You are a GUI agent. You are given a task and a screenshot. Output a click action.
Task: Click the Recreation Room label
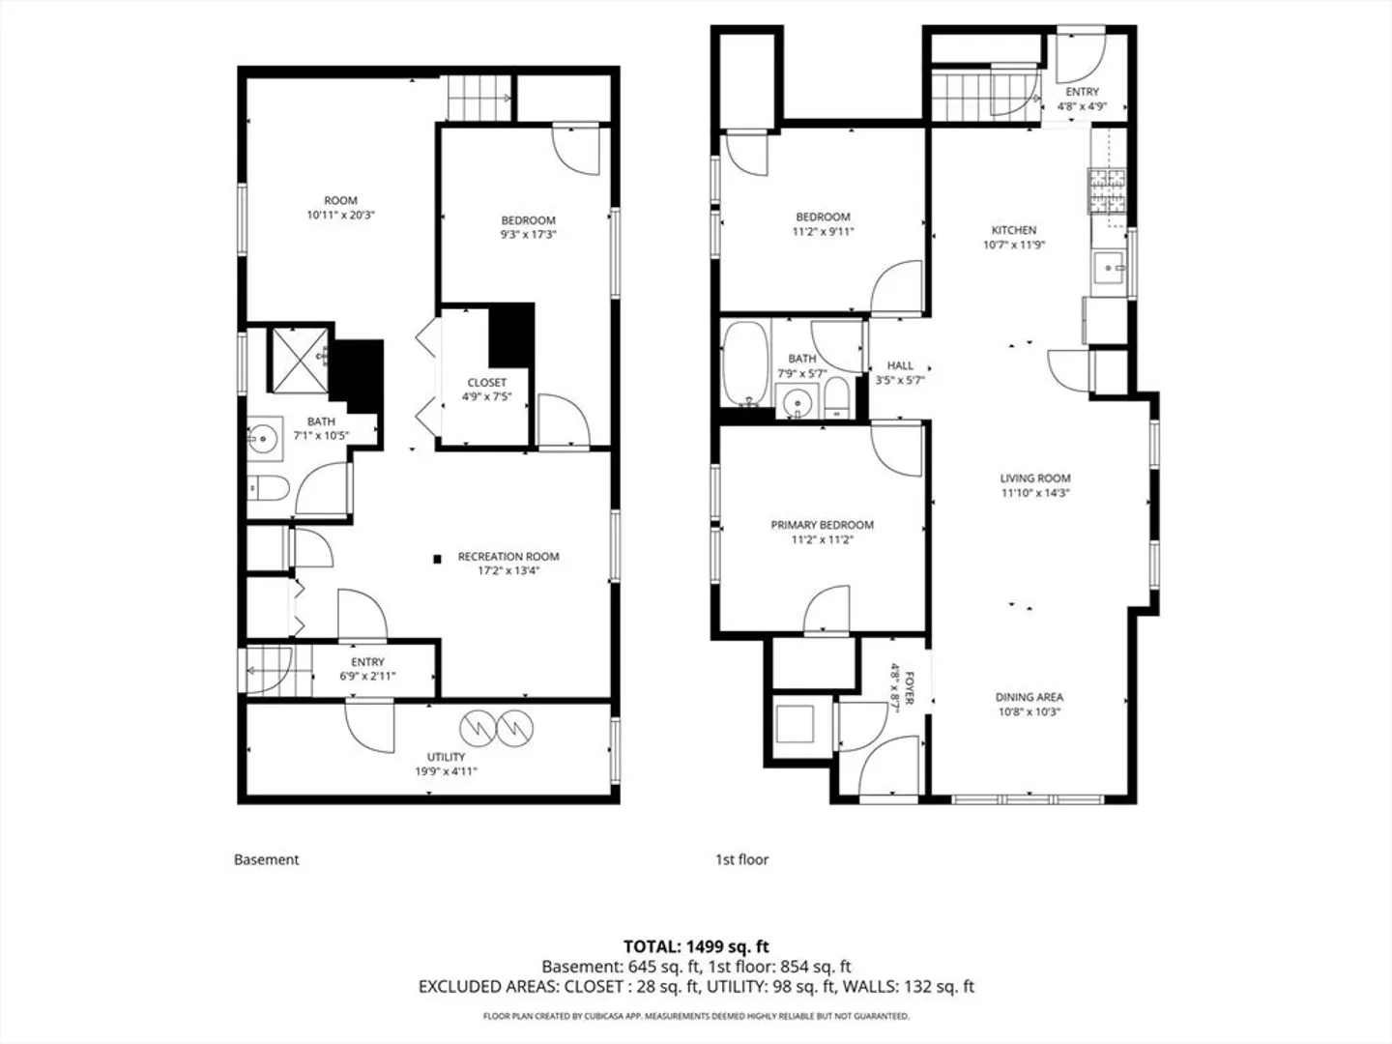pos(507,557)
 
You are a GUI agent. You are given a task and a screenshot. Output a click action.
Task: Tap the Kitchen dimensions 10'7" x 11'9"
pos(1013,245)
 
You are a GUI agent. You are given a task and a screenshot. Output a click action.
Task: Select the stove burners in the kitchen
pos(1107,190)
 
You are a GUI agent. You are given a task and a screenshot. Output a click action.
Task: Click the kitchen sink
pos(1109,268)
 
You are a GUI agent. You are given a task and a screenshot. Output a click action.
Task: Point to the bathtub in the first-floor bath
pos(745,363)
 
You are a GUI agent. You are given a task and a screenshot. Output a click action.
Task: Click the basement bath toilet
pos(268,488)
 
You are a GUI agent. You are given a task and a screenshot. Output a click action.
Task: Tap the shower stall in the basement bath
pos(300,360)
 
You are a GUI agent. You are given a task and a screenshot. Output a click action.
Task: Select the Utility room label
pos(446,757)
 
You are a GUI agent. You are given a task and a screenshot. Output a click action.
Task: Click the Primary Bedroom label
pos(822,525)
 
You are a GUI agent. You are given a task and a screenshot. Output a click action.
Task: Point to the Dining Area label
pos(1029,697)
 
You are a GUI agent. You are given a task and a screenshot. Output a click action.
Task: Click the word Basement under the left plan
pos(267,859)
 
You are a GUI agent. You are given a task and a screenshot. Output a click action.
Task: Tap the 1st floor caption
pos(742,859)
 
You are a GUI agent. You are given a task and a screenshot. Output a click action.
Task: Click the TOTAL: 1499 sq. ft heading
pos(696,946)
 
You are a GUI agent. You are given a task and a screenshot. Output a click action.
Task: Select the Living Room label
pos(1035,478)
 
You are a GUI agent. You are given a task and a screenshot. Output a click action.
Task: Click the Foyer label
pos(908,688)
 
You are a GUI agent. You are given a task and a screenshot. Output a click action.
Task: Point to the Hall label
pos(900,365)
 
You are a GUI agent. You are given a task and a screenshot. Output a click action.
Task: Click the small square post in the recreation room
pos(437,559)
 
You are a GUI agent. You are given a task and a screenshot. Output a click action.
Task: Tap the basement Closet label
pos(487,383)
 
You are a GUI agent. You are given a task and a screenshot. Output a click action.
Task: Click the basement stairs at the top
pos(480,99)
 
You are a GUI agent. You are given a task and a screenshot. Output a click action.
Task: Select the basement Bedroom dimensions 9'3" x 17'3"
pos(528,235)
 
